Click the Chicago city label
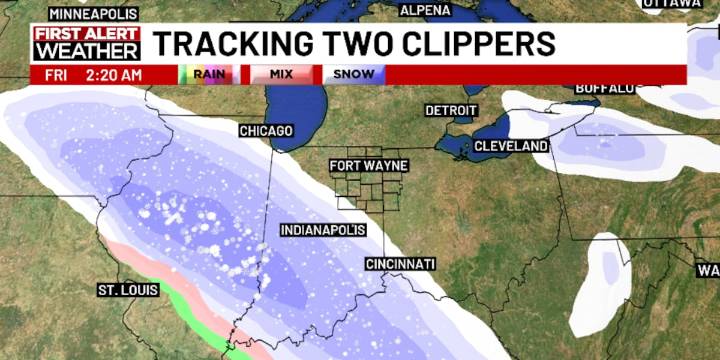coord(266,131)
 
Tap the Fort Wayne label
coord(371,165)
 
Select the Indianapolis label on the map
coord(322,230)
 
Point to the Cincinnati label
coord(400,263)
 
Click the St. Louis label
coord(125,290)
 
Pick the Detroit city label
coord(451,110)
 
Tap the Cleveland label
coord(511,146)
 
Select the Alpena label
coord(425,10)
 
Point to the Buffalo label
coord(605,88)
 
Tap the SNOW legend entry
coord(353,74)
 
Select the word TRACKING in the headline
coord(226,44)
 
